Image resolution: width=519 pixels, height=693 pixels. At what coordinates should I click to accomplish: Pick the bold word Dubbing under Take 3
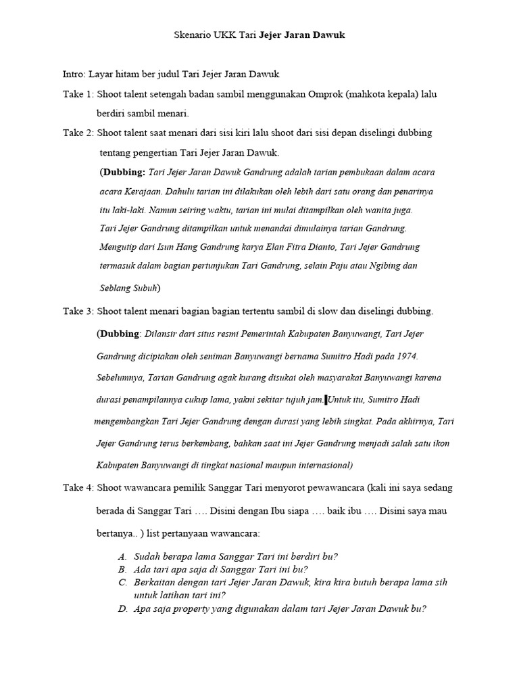(120, 334)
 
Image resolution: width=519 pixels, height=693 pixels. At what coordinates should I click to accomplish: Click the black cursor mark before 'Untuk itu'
(326, 400)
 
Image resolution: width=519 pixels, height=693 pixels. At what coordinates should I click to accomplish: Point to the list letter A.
(122, 556)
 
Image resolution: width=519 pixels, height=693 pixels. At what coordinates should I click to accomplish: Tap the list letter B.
(122, 569)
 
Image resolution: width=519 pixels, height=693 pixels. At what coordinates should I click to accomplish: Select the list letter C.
(122, 582)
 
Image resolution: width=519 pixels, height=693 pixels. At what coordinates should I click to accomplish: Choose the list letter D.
(122, 608)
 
